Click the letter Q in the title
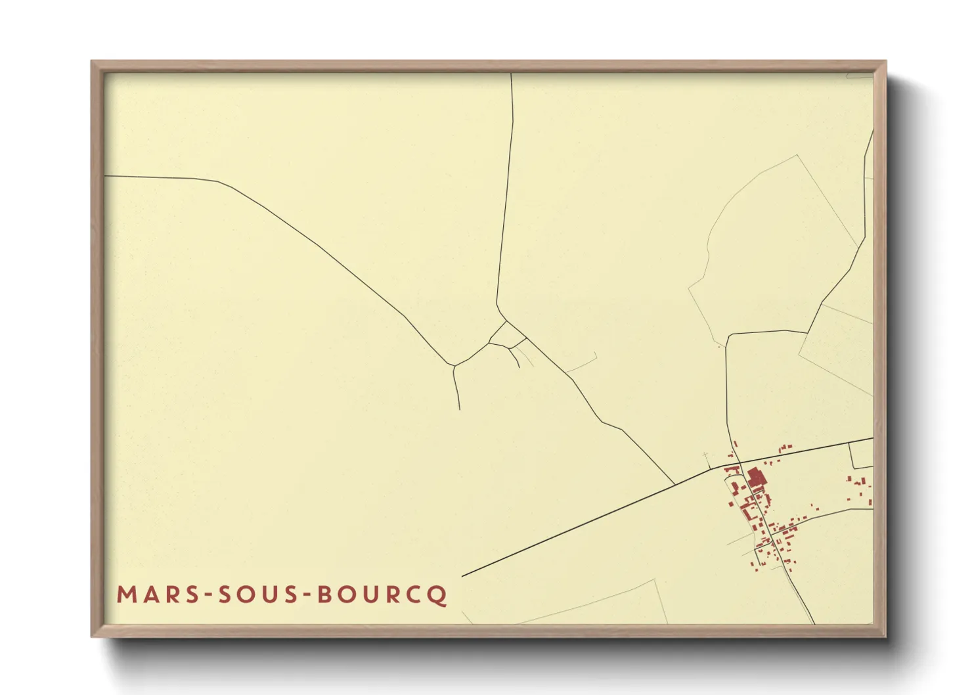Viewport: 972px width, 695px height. (438, 595)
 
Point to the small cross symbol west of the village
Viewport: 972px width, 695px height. (706, 455)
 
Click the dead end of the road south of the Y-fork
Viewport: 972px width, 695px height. (459, 409)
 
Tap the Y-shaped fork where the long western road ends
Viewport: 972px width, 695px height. (453, 365)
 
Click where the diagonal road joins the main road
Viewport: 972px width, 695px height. (675, 485)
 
